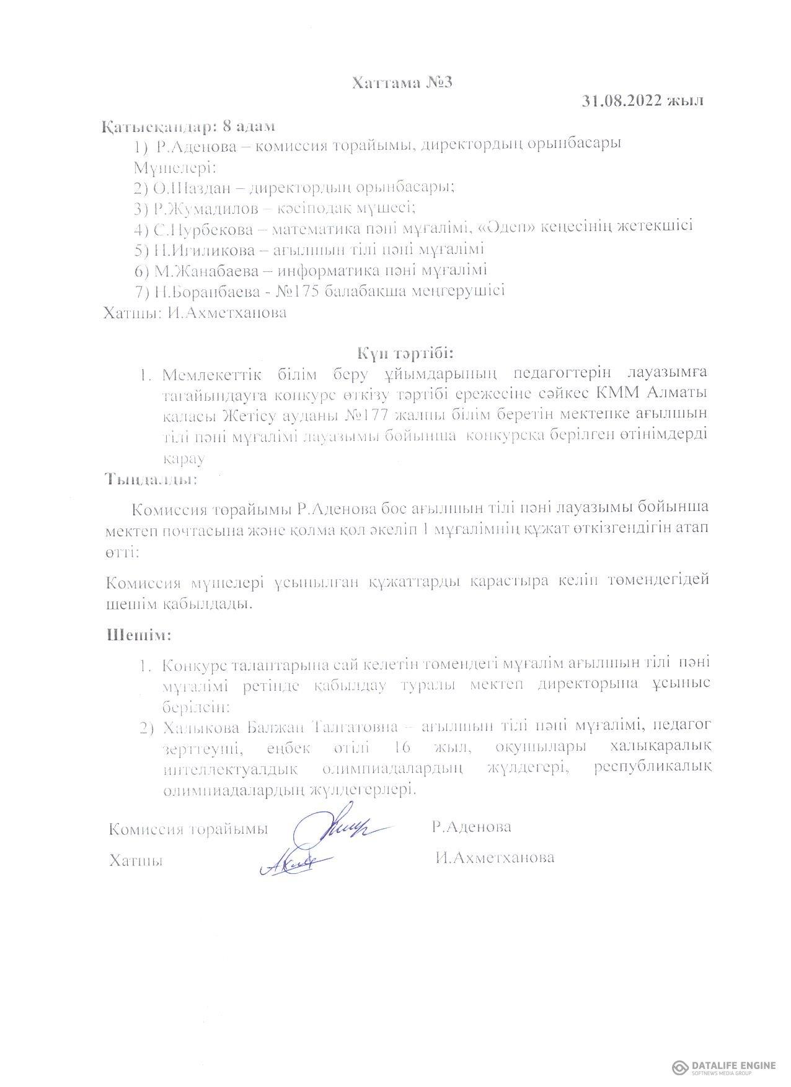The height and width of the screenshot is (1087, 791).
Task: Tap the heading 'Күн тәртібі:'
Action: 405,353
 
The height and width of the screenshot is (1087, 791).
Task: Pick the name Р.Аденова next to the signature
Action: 472,827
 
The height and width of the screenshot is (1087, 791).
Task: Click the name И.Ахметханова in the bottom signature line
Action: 495,858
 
